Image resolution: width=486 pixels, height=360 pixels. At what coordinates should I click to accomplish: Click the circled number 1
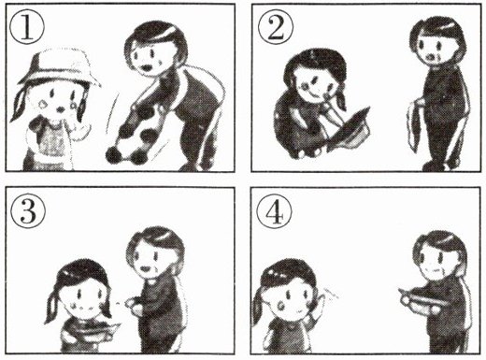(27, 29)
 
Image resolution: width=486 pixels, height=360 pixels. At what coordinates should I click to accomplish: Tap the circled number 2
(276, 29)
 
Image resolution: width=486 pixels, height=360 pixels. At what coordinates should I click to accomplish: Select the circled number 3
(28, 212)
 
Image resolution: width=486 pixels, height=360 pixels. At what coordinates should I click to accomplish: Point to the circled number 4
(274, 212)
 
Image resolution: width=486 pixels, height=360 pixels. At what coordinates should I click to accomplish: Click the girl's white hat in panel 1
(59, 67)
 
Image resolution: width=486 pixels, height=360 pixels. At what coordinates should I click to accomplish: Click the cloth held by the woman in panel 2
(414, 124)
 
